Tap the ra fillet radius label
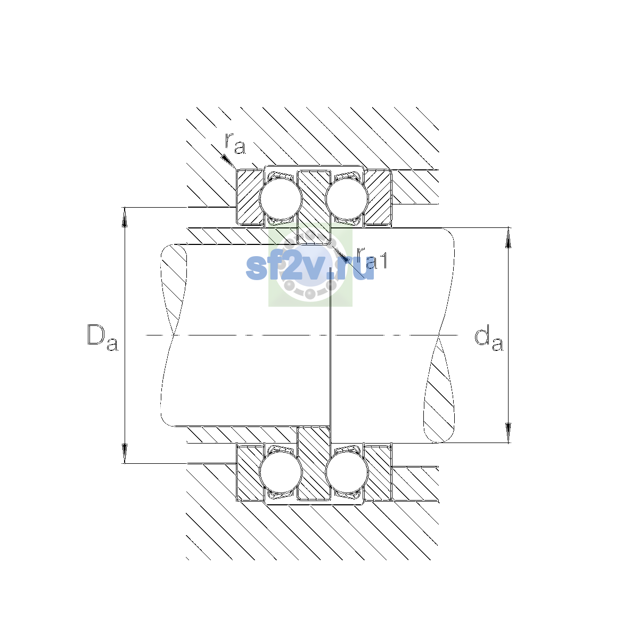(235, 143)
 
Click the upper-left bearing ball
(281, 199)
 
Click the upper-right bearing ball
(347, 199)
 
